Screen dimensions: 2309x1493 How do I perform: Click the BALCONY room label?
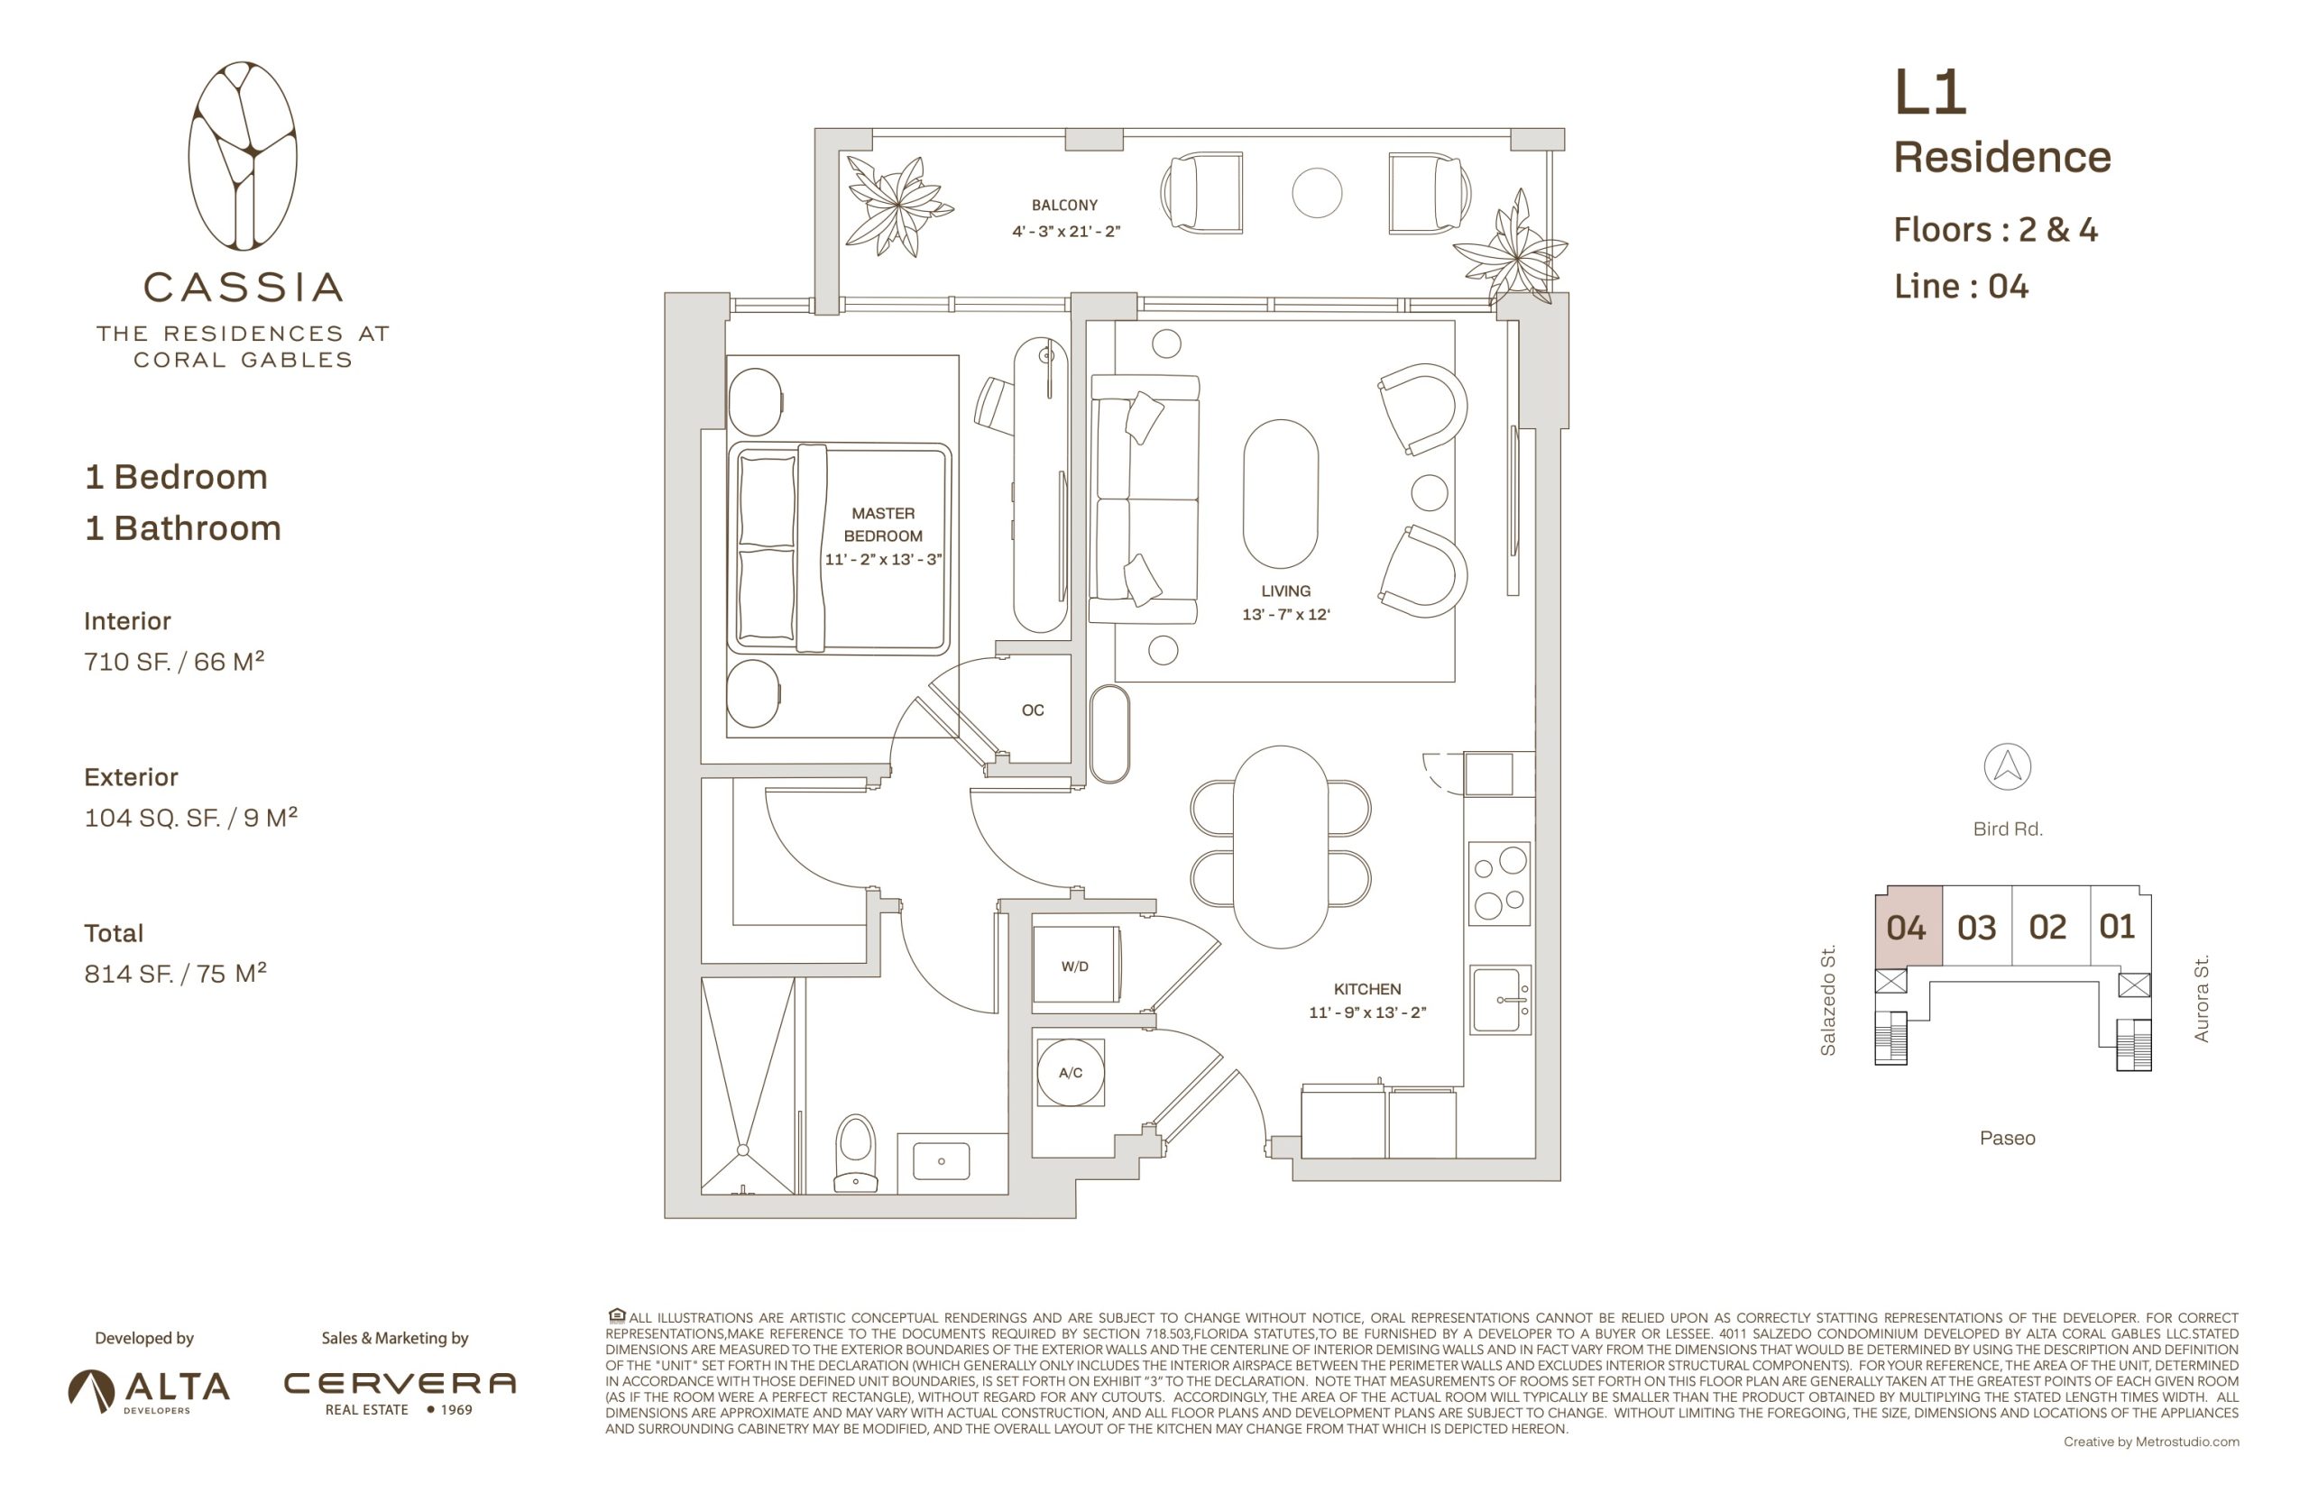[x=1063, y=205]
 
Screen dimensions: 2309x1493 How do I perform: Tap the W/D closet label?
[x=1074, y=966]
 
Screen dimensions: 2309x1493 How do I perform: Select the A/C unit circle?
[x=1071, y=1072]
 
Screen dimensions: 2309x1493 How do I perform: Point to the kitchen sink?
[x=1499, y=1000]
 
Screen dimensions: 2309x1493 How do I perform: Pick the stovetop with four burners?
[x=1499, y=884]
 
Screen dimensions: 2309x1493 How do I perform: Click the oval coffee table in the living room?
[x=1280, y=493]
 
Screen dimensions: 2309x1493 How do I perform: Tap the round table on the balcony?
[x=1317, y=192]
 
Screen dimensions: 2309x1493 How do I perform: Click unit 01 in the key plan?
[x=2118, y=926]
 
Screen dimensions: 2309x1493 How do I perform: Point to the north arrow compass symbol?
[x=2007, y=767]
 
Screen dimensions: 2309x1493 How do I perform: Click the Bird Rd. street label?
[x=2008, y=829]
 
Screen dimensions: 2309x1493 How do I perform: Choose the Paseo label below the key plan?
[x=2007, y=1138]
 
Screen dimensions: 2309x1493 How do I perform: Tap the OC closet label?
[x=1033, y=710]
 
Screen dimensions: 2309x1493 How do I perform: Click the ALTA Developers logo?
[x=149, y=1391]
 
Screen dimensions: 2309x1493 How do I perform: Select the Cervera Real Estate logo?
[x=400, y=1393]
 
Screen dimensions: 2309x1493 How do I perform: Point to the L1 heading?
[x=1930, y=93]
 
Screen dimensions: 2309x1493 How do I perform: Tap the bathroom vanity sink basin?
[x=941, y=1160]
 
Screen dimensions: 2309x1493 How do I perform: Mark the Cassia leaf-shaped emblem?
[x=243, y=156]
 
